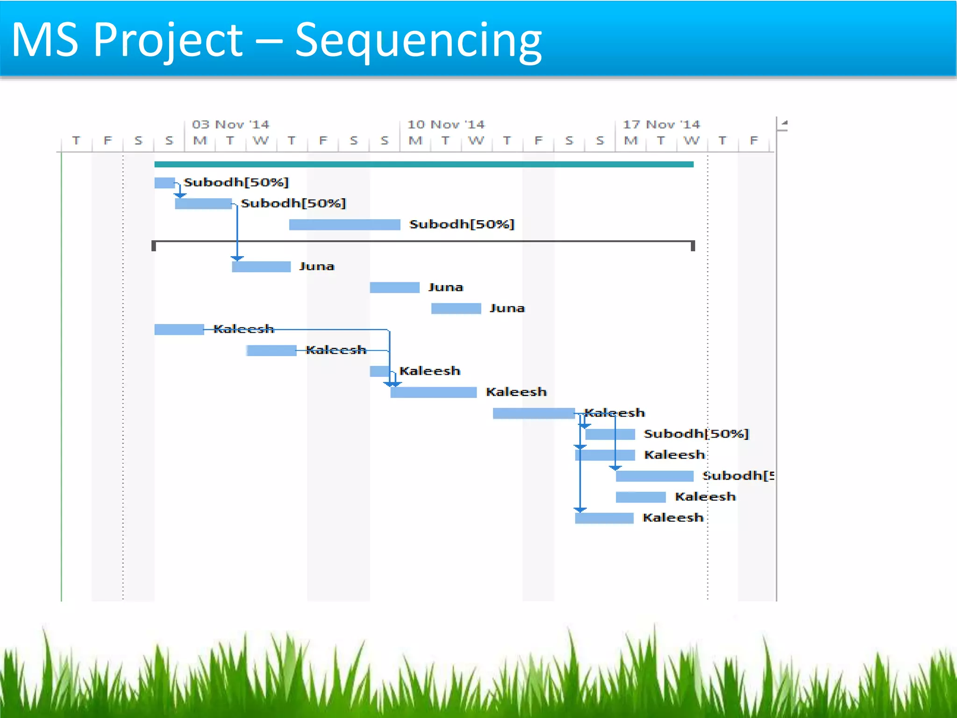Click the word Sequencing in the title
click(418, 41)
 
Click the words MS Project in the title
click(126, 41)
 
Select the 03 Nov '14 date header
click(230, 124)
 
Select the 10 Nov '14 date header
click(446, 124)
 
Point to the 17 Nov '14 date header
click(661, 124)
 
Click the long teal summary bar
click(423, 164)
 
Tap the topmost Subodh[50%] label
click(236, 182)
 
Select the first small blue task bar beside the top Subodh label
click(164, 183)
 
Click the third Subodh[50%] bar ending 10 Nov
click(344, 225)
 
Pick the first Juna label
click(317, 266)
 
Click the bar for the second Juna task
click(394, 287)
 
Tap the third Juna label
click(507, 309)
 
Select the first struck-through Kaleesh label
click(243, 329)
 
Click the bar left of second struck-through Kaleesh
click(271, 351)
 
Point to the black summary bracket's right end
click(693, 245)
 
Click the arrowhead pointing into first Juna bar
click(237, 258)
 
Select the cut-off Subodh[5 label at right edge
click(738, 476)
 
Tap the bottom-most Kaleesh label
click(673, 518)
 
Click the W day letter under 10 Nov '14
click(476, 141)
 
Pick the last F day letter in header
click(753, 141)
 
